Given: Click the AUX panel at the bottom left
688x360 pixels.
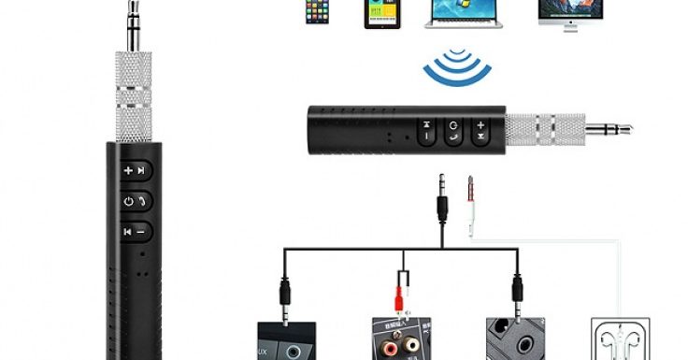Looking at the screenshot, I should click(286, 342).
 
